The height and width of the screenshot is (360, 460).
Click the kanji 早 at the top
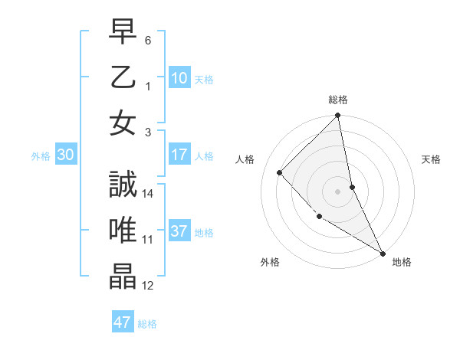[123, 34]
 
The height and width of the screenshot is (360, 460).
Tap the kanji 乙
[123, 78]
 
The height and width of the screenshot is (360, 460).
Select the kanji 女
[123, 123]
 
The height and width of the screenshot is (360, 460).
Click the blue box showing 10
[179, 77]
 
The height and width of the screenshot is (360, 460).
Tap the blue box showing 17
[179, 155]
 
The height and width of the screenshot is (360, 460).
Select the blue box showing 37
[179, 232]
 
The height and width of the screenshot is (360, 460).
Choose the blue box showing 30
[65, 155]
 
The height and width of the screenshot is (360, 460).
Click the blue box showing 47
[122, 322]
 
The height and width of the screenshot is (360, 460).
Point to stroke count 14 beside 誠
[148, 194]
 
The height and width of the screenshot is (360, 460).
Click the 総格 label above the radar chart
[338, 100]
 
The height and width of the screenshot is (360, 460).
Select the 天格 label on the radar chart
[431, 159]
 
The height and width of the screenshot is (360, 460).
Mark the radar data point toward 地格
[382, 252]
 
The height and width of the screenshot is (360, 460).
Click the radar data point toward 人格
[280, 172]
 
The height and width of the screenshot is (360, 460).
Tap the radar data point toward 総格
[338, 116]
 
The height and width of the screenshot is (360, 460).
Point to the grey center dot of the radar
[338, 191]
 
